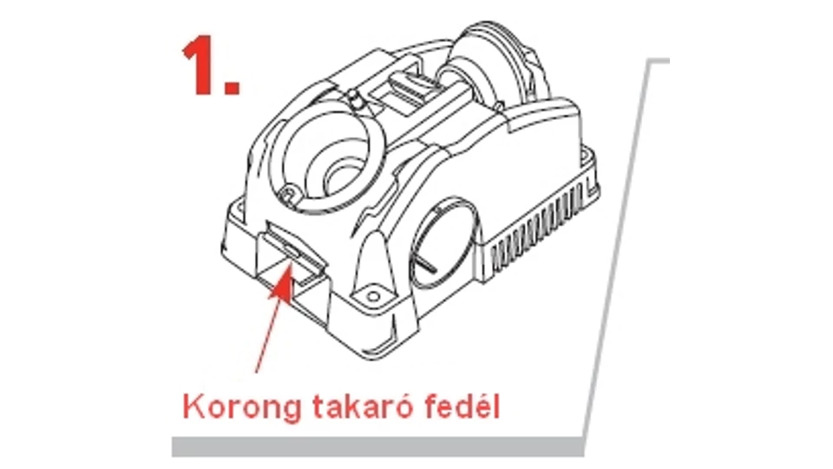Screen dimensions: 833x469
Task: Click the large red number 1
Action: (x=200, y=68)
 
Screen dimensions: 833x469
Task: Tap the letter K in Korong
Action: (x=193, y=406)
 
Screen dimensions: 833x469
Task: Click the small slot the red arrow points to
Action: (x=292, y=249)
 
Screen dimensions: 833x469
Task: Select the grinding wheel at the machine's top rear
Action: (x=494, y=67)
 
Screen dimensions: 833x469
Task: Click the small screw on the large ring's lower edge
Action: (x=288, y=193)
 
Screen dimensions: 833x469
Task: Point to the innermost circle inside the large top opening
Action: (x=343, y=178)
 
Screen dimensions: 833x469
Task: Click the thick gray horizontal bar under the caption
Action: (x=377, y=447)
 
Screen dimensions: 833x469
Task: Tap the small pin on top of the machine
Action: (x=354, y=98)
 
